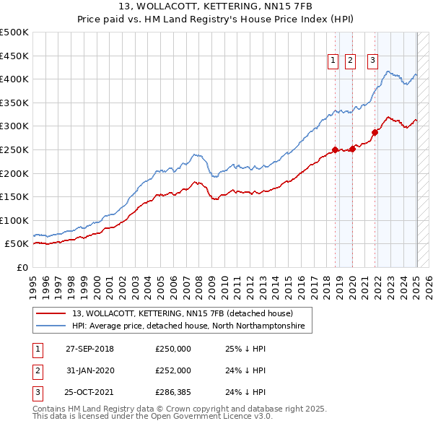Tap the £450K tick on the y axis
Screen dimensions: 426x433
click(x=14, y=56)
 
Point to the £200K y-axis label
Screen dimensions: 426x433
click(x=14, y=173)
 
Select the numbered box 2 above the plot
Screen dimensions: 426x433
click(x=350, y=61)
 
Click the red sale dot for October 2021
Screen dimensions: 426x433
click(x=375, y=132)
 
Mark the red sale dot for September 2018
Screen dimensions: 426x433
click(x=335, y=149)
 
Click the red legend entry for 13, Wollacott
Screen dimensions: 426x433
click(x=182, y=313)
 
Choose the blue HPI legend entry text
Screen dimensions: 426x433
click(x=189, y=326)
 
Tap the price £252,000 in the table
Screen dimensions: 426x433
click(x=173, y=370)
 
